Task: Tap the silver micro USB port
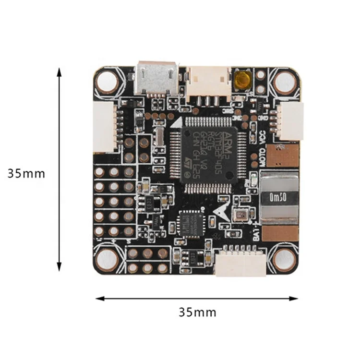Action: tap(156, 78)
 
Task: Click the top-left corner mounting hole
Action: tap(107, 82)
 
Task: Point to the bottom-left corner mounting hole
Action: tap(107, 260)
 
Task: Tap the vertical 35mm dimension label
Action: tap(26, 173)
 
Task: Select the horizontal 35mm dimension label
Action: tap(197, 312)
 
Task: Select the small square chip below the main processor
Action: tap(192, 223)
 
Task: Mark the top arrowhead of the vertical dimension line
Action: tap(60, 71)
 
